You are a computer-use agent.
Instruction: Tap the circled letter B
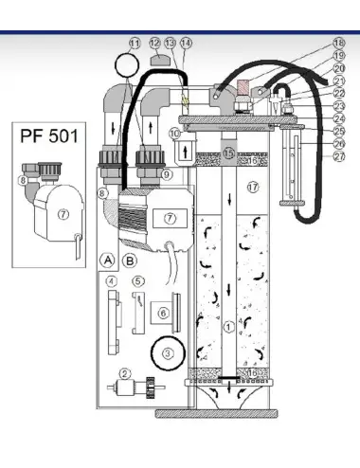coord(130,258)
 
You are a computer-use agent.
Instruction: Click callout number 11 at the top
coord(135,44)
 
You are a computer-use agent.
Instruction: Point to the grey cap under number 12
coord(156,61)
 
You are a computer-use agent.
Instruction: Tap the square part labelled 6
coord(163,314)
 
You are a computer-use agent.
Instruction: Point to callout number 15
coord(229,153)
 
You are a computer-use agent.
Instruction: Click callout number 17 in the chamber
coord(253,188)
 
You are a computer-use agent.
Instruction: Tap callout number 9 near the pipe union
coord(166,174)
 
